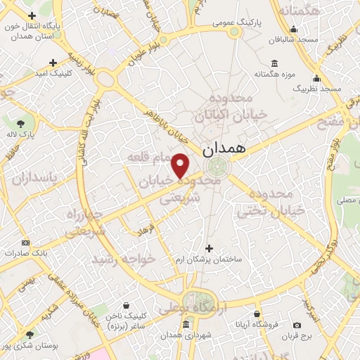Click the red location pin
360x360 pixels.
pos(181,166)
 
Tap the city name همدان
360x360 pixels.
pos(224,150)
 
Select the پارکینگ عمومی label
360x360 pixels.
pos(236,23)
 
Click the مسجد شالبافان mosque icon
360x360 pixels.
pos(293,30)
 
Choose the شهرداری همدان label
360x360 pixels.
pos(185,334)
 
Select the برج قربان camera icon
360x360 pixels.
pos(297,325)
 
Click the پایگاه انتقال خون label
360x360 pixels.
pos(32,30)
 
